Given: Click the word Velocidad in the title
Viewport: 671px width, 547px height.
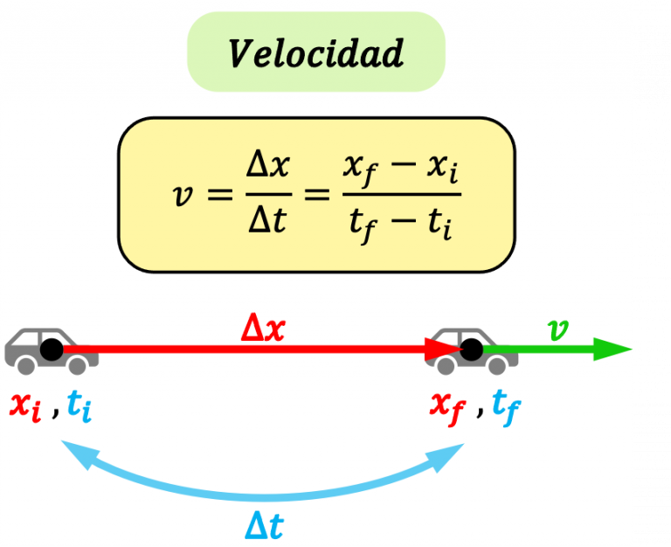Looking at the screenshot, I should tap(316, 53).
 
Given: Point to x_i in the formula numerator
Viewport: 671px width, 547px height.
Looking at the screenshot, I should tap(442, 166).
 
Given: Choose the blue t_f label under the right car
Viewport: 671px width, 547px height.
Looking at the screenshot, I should tap(505, 405).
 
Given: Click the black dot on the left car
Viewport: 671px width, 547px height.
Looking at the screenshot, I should tap(52, 350).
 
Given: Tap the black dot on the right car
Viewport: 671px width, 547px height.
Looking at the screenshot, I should tap(472, 350).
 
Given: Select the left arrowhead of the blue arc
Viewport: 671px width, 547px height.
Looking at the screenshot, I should tap(72, 452).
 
